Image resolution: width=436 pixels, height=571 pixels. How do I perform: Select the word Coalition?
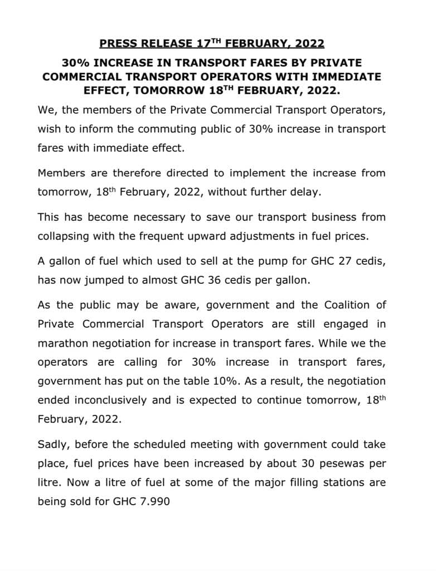334,305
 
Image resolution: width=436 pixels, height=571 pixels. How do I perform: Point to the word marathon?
61,343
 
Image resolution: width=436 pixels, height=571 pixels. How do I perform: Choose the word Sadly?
52,444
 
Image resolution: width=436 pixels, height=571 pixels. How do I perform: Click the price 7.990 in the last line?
152,501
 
